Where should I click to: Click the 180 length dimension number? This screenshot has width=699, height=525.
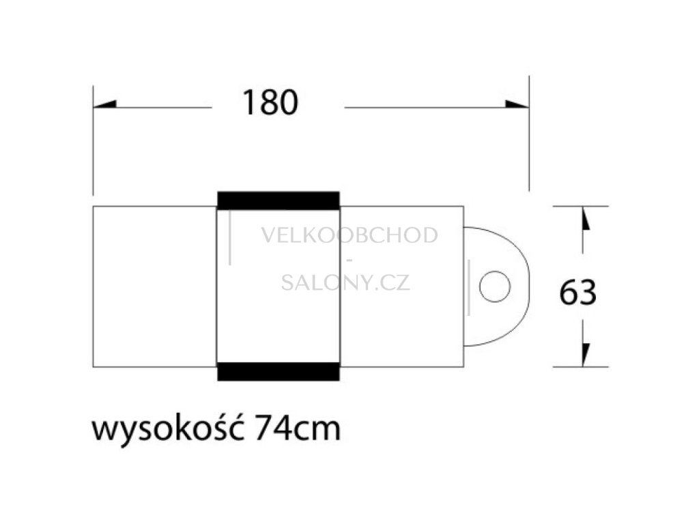pos(270,103)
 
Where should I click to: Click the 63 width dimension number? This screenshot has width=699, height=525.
pos(577,293)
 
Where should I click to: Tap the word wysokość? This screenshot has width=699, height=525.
pos(169,431)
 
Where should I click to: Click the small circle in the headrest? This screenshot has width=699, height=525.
pos(494,286)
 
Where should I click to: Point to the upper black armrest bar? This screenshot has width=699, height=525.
pos(278,200)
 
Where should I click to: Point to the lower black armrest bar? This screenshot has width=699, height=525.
pos(278,371)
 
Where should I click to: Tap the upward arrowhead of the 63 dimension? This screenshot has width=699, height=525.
pos(584,220)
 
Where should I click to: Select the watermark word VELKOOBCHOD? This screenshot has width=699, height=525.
pos(349,236)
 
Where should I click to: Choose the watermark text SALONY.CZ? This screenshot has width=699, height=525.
pos(345,282)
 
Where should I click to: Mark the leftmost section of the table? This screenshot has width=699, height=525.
pos(154,286)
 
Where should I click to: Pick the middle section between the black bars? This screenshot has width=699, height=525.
pos(278,321)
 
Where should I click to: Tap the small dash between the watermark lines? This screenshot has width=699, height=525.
pos(349,260)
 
